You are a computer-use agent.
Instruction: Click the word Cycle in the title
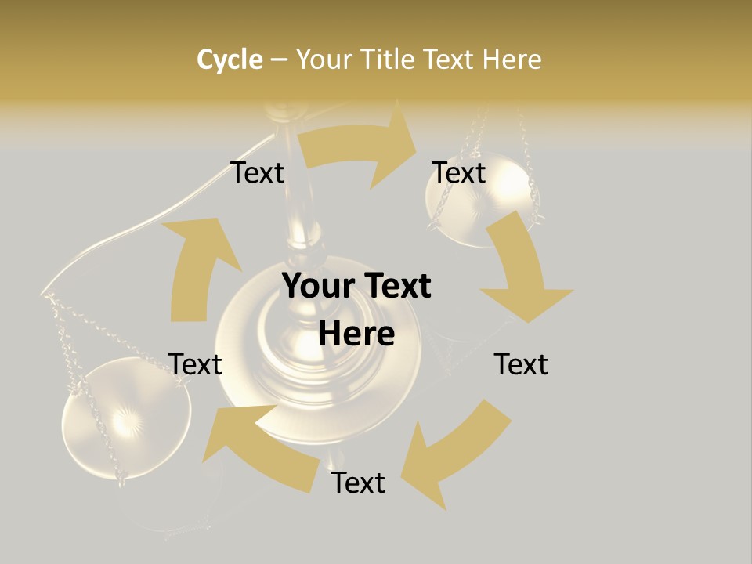pyautogui.click(x=230, y=59)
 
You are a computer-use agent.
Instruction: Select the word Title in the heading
pyautogui.click(x=389, y=59)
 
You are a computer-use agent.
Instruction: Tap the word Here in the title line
pyautogui.click(x=511, y=59)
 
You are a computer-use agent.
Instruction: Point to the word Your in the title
pyautogui.click(x=324, y=59)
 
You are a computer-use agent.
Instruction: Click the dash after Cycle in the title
pyautogui.click(x=278, y=60)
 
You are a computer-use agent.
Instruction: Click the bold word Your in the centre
pyautogui.click(x=318, y=287)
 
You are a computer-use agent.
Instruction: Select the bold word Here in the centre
pyautogui.click(x=356, y=334)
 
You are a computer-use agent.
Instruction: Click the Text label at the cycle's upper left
pyautogui.click(x=257, y=172)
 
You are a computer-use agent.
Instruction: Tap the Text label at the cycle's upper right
pyautogui.click(x=459, y=172)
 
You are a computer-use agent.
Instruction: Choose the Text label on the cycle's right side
pyautogui.click(x=521, y=364)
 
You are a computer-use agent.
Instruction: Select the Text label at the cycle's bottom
pyautogui.click(x=358, y=483)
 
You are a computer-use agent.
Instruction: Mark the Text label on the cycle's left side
pyautogui.click(x=195, y=364)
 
